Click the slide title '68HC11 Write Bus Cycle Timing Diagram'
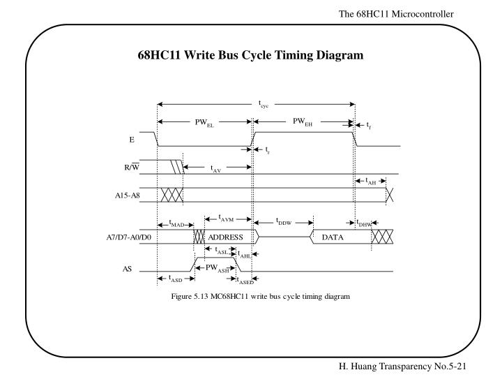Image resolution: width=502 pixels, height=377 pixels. coord(250,54)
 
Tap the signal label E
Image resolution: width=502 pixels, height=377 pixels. coord(131,140)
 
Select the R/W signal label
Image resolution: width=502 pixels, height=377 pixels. coord(130,167)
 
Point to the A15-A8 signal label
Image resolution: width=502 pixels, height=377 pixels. coord(128,195)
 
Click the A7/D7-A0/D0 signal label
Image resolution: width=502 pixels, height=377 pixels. coord(123,237)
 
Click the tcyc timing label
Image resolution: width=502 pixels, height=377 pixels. coord(264,105)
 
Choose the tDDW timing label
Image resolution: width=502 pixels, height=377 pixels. coord(283,223)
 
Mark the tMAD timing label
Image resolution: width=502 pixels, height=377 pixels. coord(178,223)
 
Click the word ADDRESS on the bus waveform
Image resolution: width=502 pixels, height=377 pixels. coord(225,237)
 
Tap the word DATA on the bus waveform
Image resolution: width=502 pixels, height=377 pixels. coord(334,237)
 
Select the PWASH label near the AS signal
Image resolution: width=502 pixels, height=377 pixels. coord(217,267)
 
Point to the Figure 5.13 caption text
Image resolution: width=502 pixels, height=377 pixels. coord(260,297)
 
